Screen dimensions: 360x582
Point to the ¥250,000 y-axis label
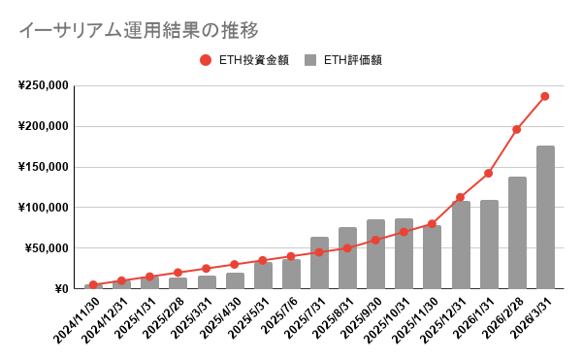[x=43, y=85]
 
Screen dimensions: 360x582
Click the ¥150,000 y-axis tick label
[x=43, y=167]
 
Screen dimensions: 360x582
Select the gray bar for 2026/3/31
[x=545, y=217]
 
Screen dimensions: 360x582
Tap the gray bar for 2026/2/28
[x=517, y=233]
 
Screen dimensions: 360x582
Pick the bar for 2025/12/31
[x=461, y=245]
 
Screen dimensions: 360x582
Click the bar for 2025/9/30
[x=375, y=254]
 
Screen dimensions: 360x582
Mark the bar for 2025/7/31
[x=319, y=263]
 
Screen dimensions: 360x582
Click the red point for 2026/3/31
[x=545, y=96]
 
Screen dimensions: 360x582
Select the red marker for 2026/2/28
[x=517, y=129]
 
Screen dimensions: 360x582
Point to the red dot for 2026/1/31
[x=489, y=173]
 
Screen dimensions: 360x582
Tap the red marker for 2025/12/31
[x=461, y=197]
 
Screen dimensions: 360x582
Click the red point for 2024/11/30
[x=93, y=284]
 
